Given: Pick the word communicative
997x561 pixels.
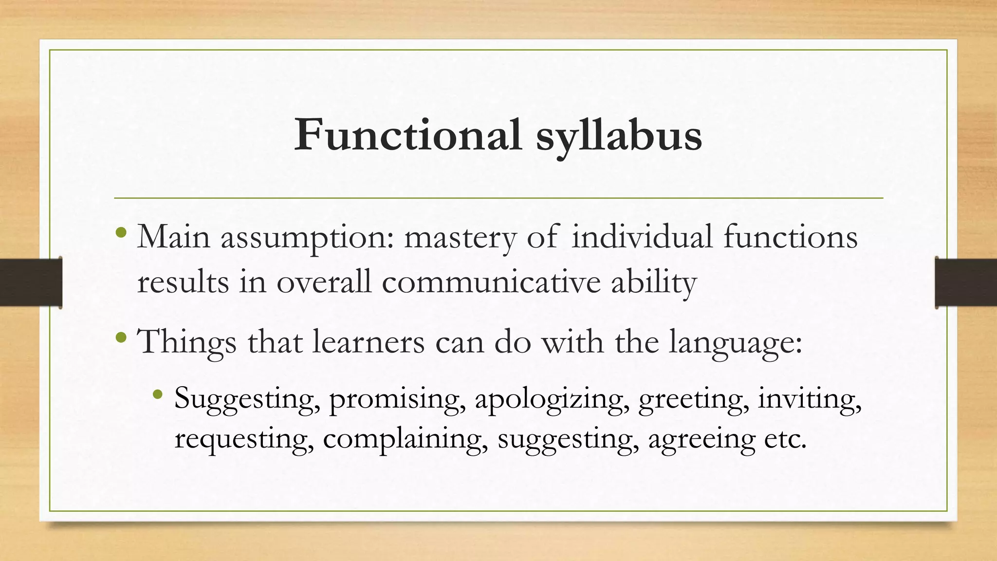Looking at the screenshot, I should [x=491, y=282].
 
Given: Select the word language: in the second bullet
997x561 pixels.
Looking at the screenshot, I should [x=735, y=343].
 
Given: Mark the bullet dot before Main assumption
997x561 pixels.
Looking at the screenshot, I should [x=122, y=232].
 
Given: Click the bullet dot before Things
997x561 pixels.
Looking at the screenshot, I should [x=122, y=337].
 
